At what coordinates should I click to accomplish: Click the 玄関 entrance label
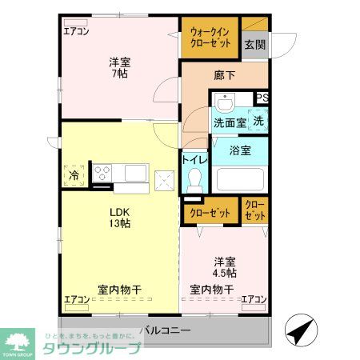pyautogui.click(x=254, y=45)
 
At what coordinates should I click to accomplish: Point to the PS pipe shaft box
pyautogui.click(x=262, y=98)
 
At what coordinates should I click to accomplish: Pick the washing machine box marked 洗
pyautogui.click(x=258, y=121)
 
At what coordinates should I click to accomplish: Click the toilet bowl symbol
pyautogui.click(x=194, y=182)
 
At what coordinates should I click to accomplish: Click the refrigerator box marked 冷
pyautogui.click(x=74, y=174)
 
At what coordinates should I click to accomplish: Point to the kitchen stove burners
pyautogui.click(x=102, y=171)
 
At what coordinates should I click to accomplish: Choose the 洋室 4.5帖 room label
pyautogui.click(x=224, y=267)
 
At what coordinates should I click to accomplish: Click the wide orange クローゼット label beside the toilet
pyautogui.click(x=210, y=213)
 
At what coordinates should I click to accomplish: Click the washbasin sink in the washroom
pyautogui.click(x=224, y=103)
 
